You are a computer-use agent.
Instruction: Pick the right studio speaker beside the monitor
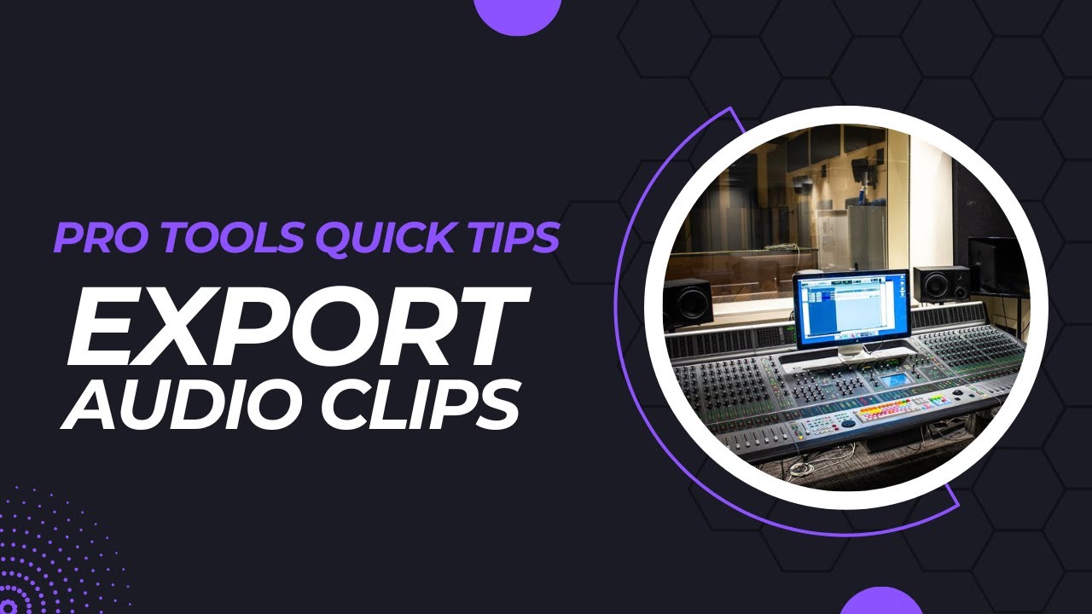pyautogui.click(x=941, y=285)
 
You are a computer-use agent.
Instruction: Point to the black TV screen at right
pyautogui.click(x=998, y=267)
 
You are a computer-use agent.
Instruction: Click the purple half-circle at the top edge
pyautogui.click(x=517, y=12)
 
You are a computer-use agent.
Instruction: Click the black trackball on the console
pyautogui.click(x=848, y=421)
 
